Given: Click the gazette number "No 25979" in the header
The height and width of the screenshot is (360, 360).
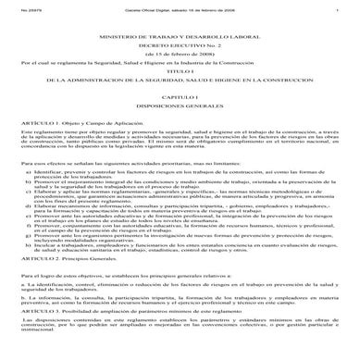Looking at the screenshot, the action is [x=19, y=7].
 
